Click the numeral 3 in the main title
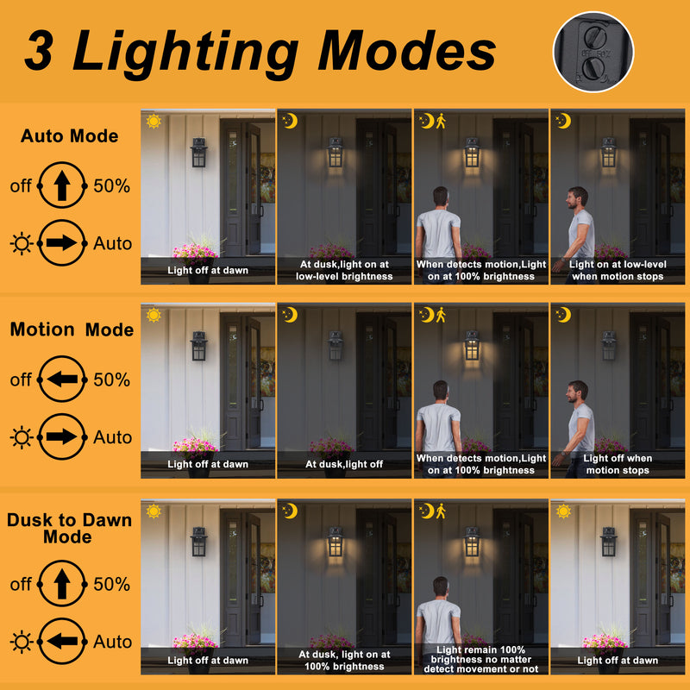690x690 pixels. coord(39,51)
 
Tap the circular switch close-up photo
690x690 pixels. coord(593,52)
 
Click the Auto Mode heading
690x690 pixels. coord(70,136)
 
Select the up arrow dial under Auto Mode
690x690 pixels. coord(61,185)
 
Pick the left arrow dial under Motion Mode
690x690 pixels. coord(61,379)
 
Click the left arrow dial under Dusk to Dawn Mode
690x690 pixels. coord(61,641)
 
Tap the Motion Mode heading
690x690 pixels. coord(72,329)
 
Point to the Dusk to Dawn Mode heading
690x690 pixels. coord(69,528)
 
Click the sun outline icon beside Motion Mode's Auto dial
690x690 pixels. coord(22,437)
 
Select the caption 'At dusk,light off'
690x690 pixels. coord(344,464)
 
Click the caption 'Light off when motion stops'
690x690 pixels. coord(618,464)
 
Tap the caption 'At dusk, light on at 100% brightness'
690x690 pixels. coord(344,660)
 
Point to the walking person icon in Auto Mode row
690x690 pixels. coord(441,121)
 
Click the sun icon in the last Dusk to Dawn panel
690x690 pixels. coord(563,511)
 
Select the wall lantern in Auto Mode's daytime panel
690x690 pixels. coord(199,153)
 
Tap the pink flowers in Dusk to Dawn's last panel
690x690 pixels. coord(605,641)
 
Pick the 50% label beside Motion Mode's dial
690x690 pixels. coord(112,379)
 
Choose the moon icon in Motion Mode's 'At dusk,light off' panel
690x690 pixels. coord(290,315)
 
